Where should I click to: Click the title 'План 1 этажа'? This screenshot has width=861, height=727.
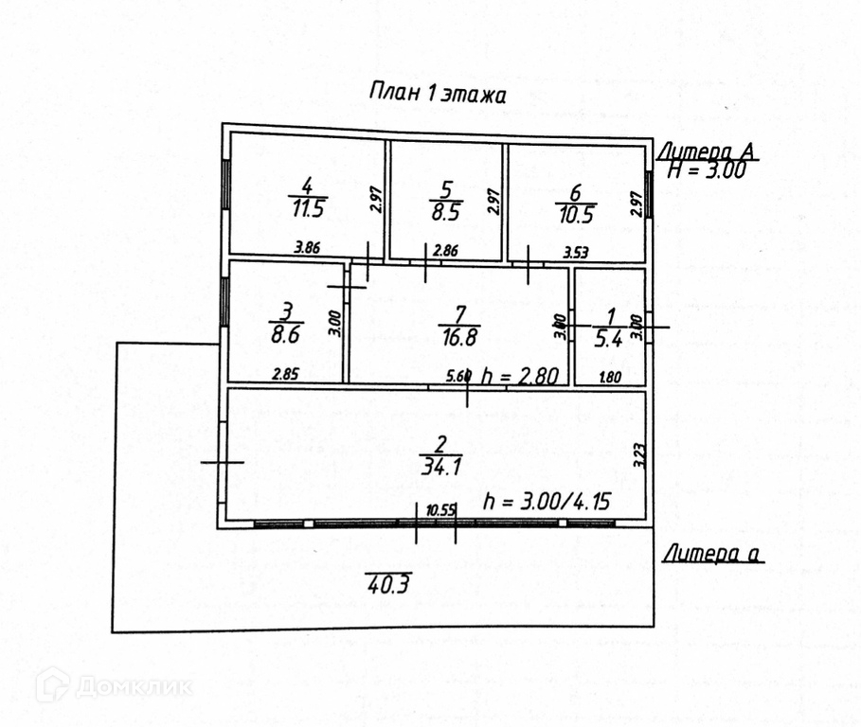438,94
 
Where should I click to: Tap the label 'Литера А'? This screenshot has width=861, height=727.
709,151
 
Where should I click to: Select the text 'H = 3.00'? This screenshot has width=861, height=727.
707,170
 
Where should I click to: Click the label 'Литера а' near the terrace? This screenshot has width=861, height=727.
713,555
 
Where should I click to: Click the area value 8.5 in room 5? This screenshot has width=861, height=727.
447,212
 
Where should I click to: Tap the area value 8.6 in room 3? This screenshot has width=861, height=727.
283,333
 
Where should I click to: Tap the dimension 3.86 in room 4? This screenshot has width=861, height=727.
308,248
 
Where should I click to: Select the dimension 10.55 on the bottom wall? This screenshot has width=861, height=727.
441,511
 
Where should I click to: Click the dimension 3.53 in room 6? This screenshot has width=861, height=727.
576,252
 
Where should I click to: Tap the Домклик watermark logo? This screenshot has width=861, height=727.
114,686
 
